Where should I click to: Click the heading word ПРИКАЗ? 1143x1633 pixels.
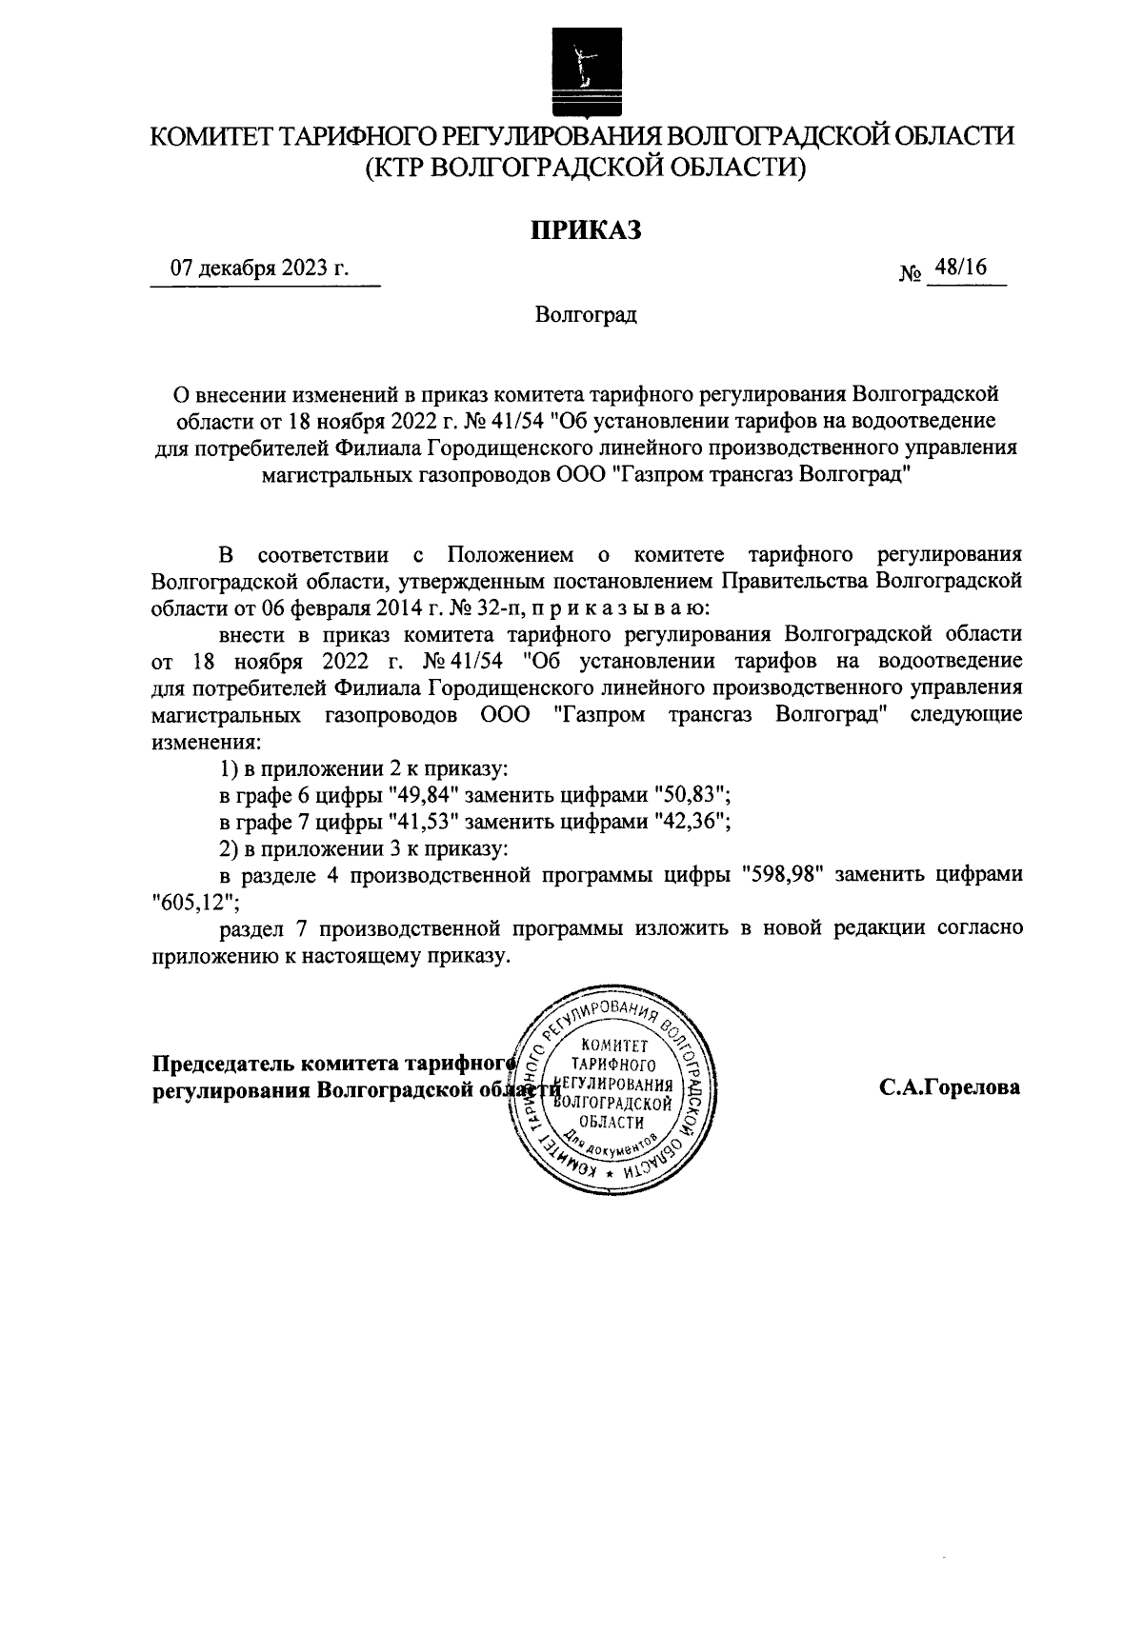[x=585, y=230]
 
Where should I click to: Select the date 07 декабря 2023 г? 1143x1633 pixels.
[x=259, y=269]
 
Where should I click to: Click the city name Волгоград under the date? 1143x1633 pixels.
[x=585, y=315]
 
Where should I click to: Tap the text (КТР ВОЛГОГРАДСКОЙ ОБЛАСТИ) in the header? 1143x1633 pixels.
[x=585, y=169]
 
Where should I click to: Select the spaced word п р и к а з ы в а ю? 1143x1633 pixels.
[x=620, y=606]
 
